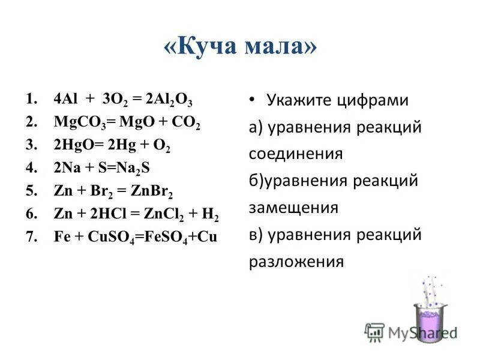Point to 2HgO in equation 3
point(73,146)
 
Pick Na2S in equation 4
point(142,169)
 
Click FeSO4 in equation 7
point(158,236)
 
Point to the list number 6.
point(31,214)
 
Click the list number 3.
point(31,146)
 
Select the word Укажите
point(299,101)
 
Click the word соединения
point(296,154)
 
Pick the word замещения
point(293,208)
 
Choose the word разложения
point(296,262)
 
